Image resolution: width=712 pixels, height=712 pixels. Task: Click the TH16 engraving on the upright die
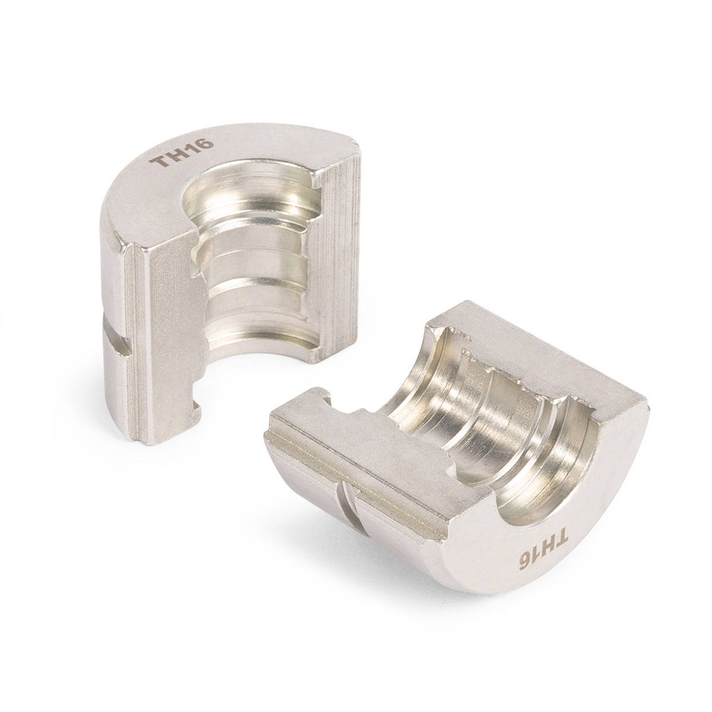pyautogui.click(x=184, y=152)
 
